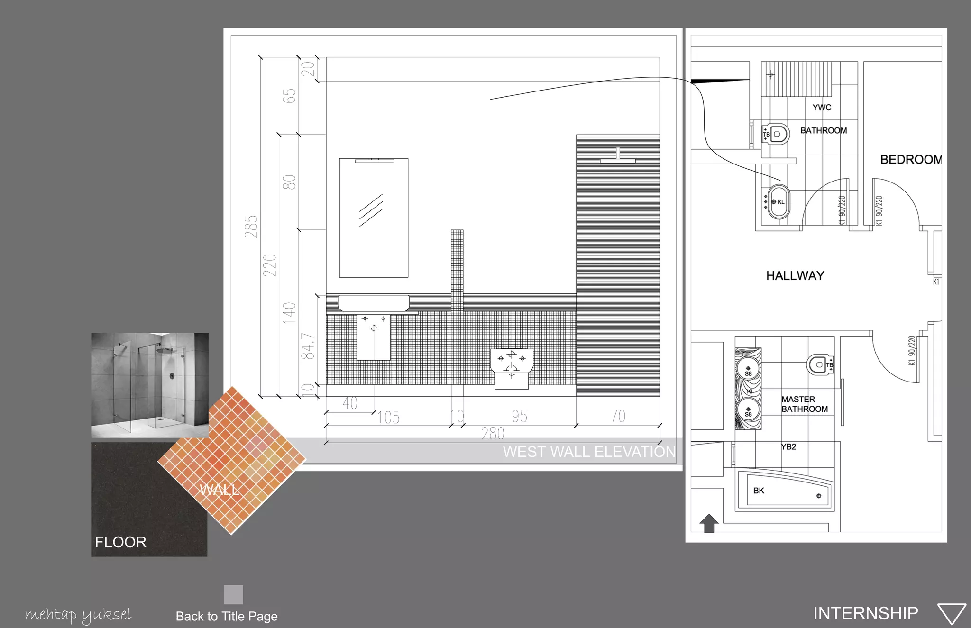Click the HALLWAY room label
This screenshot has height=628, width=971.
pyautogui.click(x=795, y=275)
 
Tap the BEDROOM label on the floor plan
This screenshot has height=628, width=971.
pyautogui.click(x=911, y=159)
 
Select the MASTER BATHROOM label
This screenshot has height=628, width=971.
pyautogui.click(x=805, y=404)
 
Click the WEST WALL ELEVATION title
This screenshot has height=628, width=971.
pyautogui.click(x=589, y=452)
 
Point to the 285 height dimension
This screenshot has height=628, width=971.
pyautogui.click(x=252, y=227)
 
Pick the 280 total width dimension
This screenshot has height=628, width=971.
pyautogui.click(x=493, y=433)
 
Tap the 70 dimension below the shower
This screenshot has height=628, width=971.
pyautogui.click(x=618, y=416)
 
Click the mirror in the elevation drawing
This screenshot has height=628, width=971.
pyautogui.click(x=374, y=218)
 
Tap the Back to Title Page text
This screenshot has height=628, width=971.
pyautogui.click(x=227, y=616)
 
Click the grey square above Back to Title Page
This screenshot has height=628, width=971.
pyautogui.click(x=233, y=594)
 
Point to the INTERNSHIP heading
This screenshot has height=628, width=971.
pyautogui.click(x=866, y=613)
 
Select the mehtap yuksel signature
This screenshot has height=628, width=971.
pyautogui.click(x=78, y=615)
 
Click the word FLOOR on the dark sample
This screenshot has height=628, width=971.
pyautogui.click(x=120, y=542)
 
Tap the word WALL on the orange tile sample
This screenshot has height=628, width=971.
pyautogui.click(x=219, y=489)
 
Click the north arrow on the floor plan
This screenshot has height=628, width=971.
pyautogui.click(x=709, y=523)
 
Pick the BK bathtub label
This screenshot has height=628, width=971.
pyautogui.click(x=759, y=491)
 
